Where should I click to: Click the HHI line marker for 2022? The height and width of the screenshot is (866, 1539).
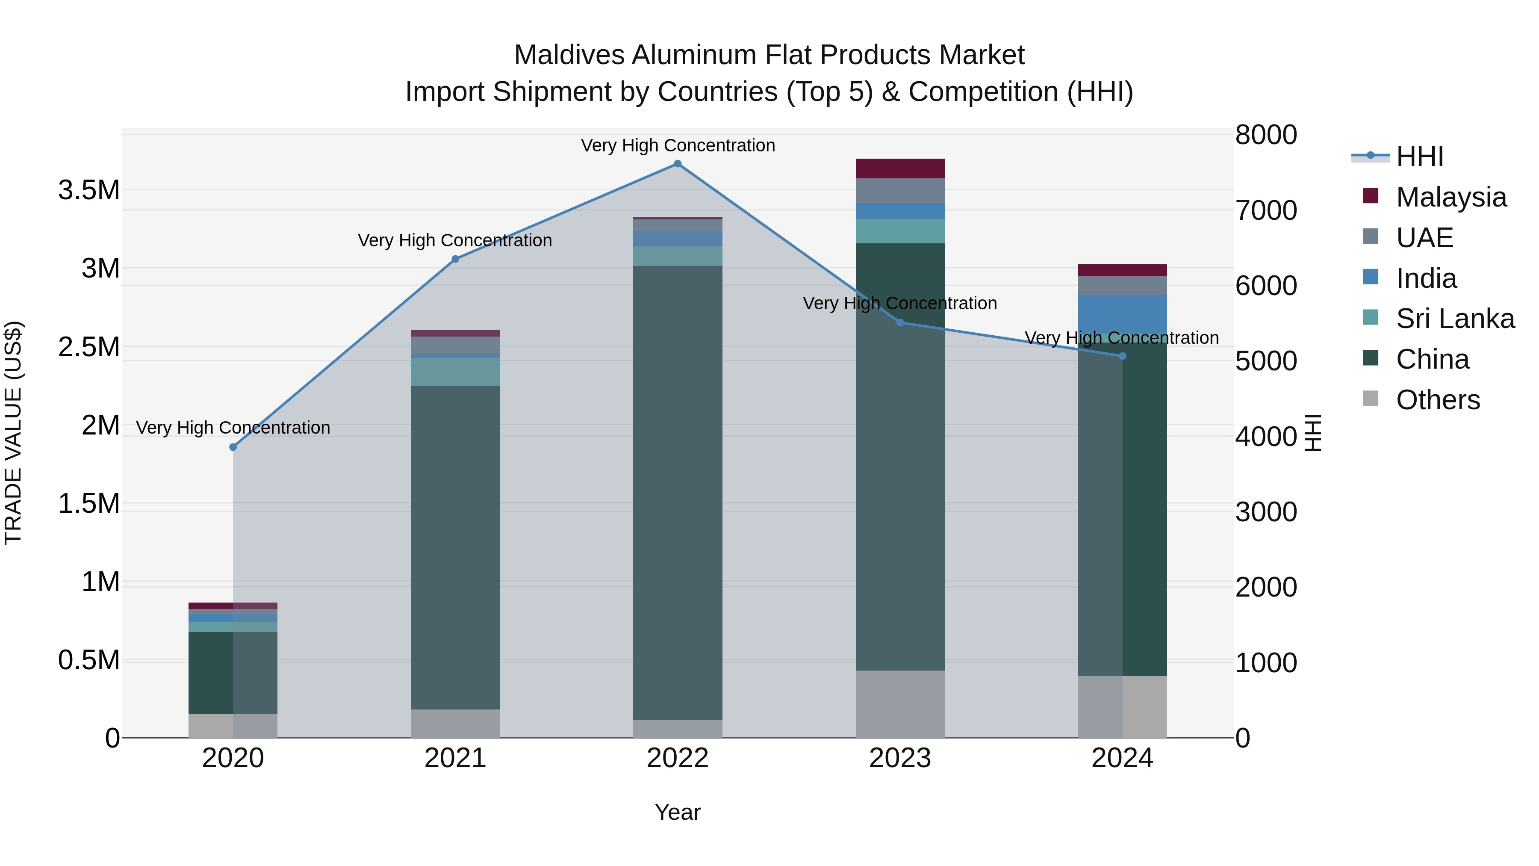click(678, 164)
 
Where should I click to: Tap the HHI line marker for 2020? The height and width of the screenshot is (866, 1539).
click(233, 447)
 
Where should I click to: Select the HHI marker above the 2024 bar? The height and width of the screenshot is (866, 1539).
click(1122, 356)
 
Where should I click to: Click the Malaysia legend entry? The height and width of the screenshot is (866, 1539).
click(1451, 197)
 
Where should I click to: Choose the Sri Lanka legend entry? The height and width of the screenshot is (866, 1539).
click(1454, 319)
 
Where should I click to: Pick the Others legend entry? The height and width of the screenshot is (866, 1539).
click(1437, 400)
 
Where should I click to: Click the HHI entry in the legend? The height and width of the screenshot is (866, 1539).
click(1419, 157)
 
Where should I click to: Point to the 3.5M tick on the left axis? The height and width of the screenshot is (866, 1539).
click(89, 191)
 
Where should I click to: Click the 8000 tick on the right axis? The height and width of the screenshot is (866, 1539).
click(1265, 135)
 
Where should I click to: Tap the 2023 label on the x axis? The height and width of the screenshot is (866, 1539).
click(900, 758)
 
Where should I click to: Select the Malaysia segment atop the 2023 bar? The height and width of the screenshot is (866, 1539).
click(900, 168)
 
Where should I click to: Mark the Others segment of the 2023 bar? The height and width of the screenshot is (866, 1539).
click(900, 703)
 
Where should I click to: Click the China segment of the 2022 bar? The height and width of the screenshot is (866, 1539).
click(678, 493)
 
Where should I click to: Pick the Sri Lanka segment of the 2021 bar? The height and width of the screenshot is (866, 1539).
click(455, 372)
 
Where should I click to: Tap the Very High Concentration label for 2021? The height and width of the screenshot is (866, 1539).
click(455, 241)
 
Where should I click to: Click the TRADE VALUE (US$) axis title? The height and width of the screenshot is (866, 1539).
click(13, 433)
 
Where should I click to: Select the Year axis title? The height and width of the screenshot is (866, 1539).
click(678, 812)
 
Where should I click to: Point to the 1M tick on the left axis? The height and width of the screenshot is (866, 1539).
click(100, 582)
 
